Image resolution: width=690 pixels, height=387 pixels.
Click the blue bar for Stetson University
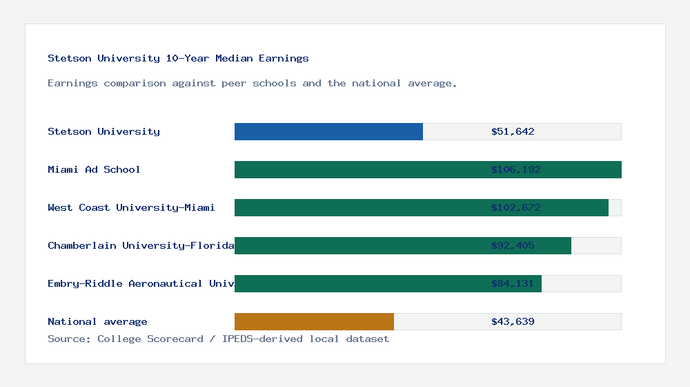tap(328, 131)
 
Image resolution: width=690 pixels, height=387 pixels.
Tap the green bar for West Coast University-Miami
tap(359, 207)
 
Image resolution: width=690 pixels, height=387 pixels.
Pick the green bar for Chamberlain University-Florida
tap(359, 245)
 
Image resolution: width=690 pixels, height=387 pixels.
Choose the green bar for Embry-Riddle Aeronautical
tap(359, 283)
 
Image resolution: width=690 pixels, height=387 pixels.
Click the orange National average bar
tap(314, 321)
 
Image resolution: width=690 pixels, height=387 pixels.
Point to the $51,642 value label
tap(513, 131)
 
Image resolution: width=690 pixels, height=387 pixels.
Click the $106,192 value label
tap(515, 169)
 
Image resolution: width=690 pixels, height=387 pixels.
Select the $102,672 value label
tap(515, 207)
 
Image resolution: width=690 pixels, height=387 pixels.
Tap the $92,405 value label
tap(513, 245)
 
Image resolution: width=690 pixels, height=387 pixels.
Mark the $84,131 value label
tap(513, 283)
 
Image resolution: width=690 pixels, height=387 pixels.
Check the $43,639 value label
tap(513, 321)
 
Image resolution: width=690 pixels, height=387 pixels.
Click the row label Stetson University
tap(103, 131)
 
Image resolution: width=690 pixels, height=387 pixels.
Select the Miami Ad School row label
tap(94, 169)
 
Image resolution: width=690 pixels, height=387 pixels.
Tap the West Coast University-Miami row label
tap(131, 207)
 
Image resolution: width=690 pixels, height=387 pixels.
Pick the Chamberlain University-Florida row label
tap(141, 245)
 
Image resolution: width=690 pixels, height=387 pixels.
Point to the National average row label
tap(97, 321)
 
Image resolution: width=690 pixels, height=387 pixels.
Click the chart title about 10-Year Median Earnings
tap(178, 58)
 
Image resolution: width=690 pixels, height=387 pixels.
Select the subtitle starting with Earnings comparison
tap(253, 83)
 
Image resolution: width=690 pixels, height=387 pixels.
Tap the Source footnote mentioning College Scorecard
tap(218, 339)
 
